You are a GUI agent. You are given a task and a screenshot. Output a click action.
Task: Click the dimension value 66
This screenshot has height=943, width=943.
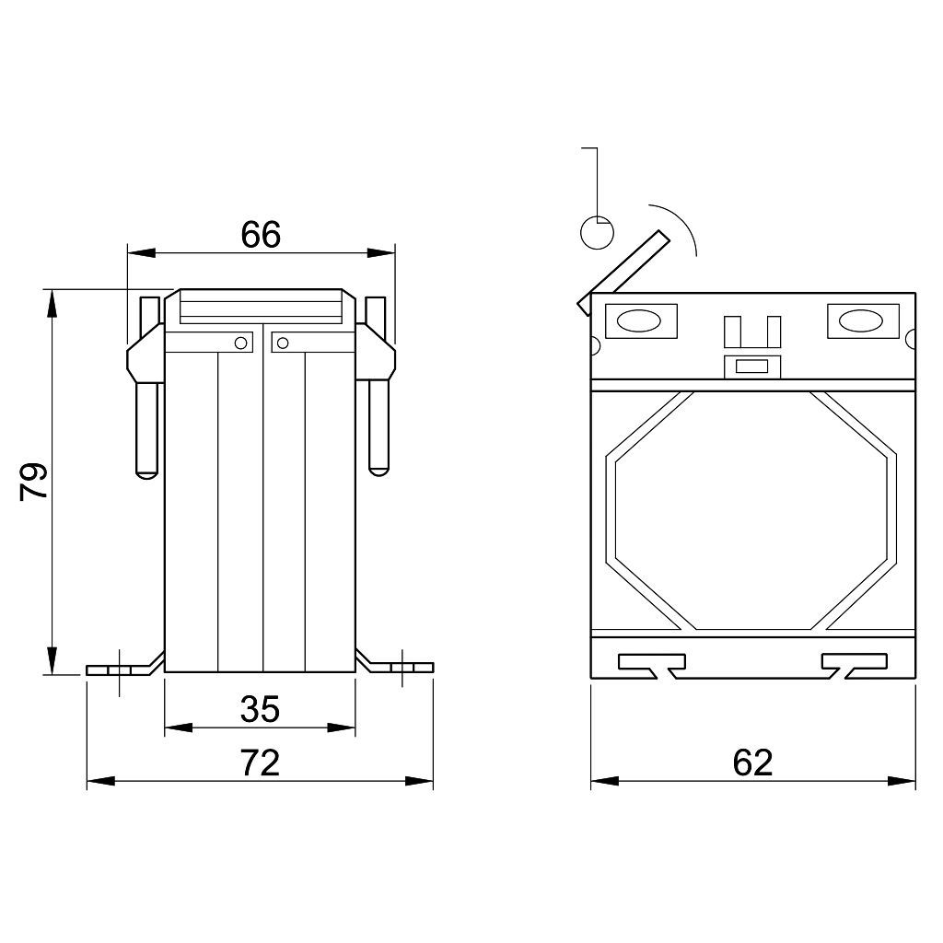tap(261, 235)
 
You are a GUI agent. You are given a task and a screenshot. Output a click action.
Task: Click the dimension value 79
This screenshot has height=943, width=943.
tap(34, 482)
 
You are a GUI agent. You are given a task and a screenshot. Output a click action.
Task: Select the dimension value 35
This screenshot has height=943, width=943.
tap(260, 709)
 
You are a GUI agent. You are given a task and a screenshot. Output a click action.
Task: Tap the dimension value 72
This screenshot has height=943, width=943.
tap(261, 763)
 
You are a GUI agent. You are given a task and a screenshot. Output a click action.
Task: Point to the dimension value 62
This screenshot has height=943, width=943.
tap(752, 763)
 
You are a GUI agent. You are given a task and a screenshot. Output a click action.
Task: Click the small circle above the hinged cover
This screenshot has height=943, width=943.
tap(597, 232)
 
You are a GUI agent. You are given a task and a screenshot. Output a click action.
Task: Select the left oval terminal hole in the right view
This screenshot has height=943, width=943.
tap(640, 321)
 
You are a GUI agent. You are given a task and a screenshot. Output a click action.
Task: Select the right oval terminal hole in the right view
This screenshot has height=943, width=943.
tap(861, 321)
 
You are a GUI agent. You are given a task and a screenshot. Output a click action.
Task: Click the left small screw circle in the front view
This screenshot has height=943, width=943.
tap(240, 343)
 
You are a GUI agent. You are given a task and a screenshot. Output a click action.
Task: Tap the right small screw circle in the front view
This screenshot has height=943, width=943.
tap(282, 343)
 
